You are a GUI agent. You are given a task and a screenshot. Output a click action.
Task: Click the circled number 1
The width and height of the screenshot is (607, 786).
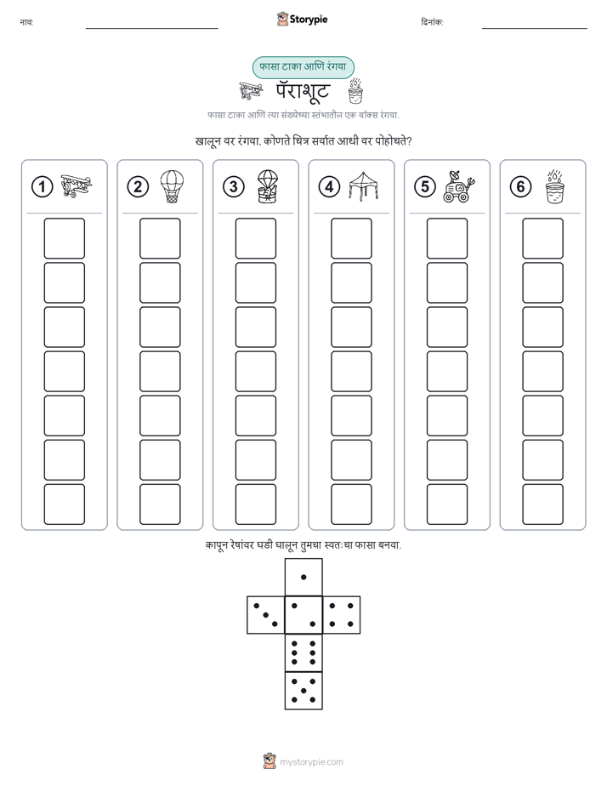(x=42, y=187)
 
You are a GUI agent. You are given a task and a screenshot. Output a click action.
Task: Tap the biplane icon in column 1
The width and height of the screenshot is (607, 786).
(x=77, y=186)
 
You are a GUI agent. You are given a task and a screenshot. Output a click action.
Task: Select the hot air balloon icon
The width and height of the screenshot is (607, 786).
(x=172, y=186)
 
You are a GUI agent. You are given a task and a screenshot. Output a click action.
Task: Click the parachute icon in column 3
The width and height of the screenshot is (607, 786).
(x=268, y=186)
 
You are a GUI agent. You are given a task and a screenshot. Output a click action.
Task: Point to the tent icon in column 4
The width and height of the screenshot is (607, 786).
(x=364, y=186)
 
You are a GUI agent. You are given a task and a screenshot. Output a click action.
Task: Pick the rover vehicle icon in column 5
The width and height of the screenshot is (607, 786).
(x=459, y=186)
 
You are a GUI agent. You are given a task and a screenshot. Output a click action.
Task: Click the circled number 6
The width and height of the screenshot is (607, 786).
(x=520, y=187)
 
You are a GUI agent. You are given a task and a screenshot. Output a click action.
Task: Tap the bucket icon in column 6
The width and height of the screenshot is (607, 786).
(x=555, y=186)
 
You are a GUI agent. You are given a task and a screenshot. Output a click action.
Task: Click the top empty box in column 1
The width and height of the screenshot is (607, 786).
(x=64, y=238)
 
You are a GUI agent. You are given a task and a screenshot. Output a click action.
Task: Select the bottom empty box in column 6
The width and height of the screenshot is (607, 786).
(x=543, y=504)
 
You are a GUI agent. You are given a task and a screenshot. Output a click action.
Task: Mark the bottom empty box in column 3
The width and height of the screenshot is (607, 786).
(x=255, y=504)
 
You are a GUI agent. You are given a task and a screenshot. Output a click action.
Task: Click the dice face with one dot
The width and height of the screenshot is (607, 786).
(x=303, y=577)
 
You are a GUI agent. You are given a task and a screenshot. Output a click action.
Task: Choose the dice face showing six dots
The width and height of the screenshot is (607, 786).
(x=303, y=652)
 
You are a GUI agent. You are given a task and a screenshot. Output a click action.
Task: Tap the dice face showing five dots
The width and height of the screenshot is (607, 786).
(x=303, y=690)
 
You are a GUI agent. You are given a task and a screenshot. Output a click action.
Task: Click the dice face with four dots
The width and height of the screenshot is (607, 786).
(x=341, y=615)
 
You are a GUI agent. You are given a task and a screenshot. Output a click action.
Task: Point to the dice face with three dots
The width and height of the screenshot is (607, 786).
(x=266, y=615)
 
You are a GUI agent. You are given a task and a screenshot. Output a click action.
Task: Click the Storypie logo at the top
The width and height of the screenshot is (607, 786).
(x=302, y=20)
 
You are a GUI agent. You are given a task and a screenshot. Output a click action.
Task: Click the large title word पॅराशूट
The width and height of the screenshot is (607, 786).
(x=303, y=91)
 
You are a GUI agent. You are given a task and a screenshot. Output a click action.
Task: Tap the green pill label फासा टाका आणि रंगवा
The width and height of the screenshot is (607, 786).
(x=303, y=67)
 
